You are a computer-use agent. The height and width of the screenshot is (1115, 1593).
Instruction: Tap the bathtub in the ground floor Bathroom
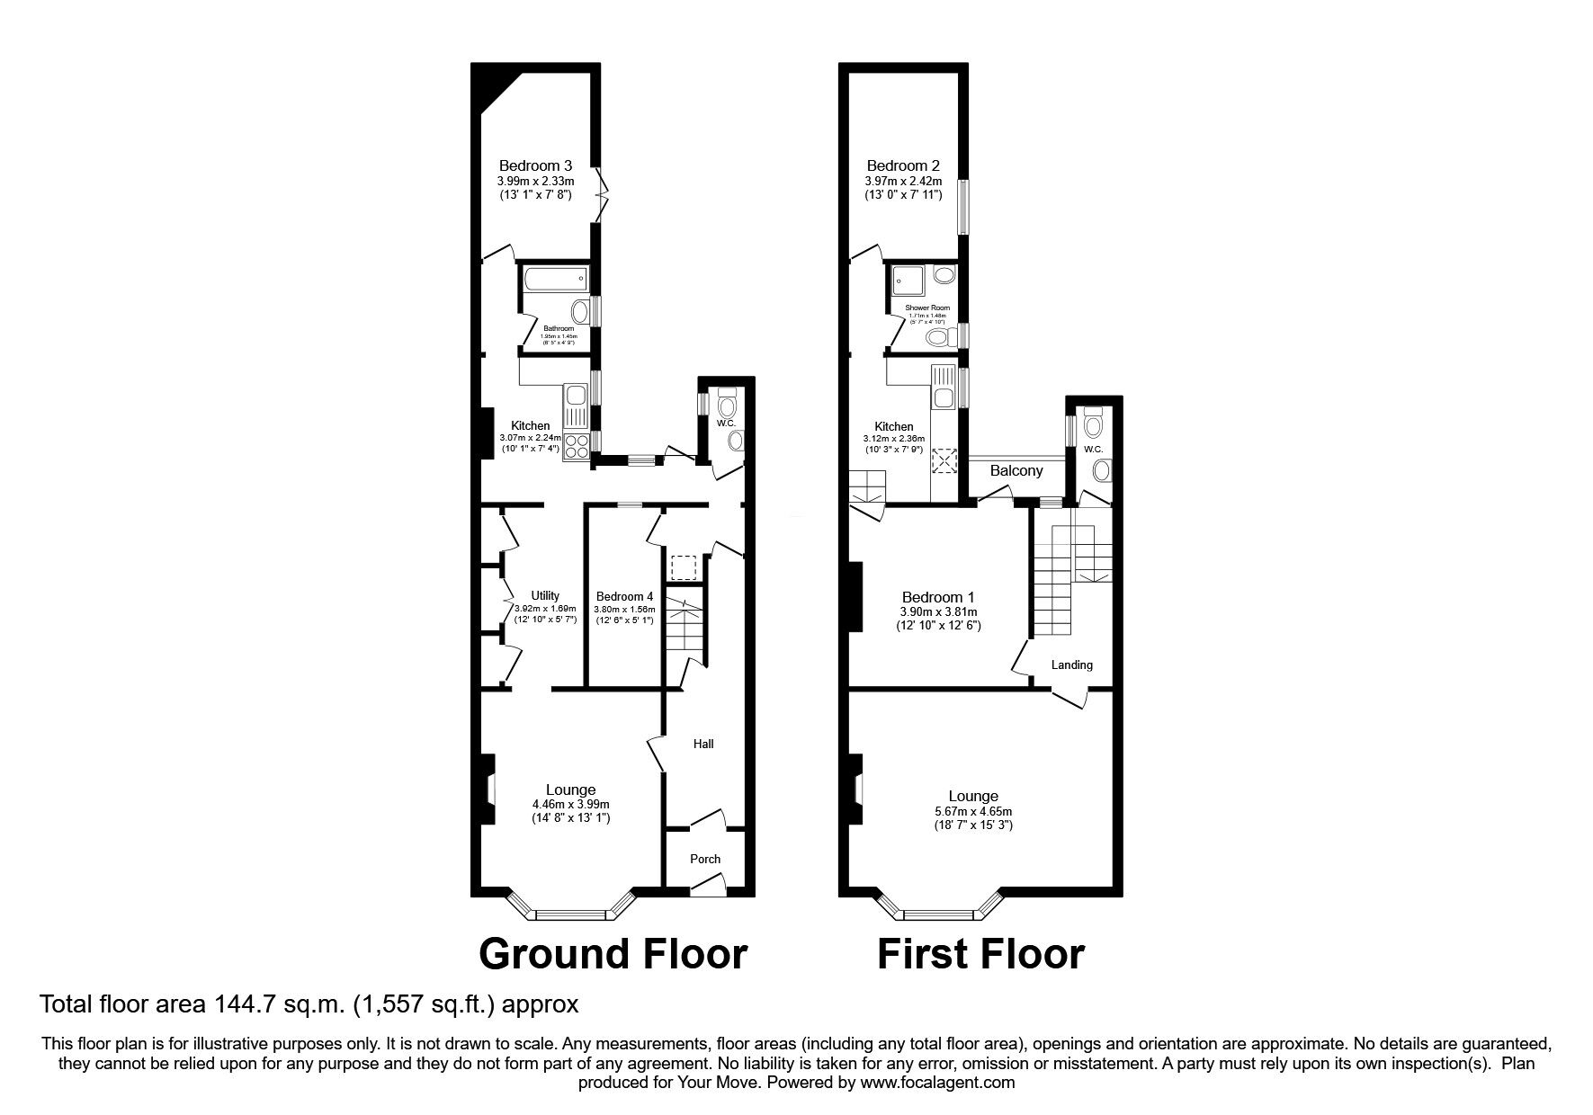pyautogui.click(x=553, y=280)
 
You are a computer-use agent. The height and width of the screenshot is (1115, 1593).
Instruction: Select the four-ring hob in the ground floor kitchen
pyautogui.click(x=574, y=447)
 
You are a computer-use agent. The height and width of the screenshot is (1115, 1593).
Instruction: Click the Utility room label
pyautogui.click(x=545, y=595)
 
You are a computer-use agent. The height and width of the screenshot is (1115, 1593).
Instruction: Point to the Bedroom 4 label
pyautogui.click(x=624, y=596)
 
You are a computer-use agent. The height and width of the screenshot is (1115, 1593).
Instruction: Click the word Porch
pyautogui.click(x=705, y=859)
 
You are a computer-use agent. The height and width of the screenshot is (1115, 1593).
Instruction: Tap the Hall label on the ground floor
pyautogui.click(x=703, y=744)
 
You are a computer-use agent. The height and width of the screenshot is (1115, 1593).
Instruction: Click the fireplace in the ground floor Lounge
pyautogui.click(x=488, y=789)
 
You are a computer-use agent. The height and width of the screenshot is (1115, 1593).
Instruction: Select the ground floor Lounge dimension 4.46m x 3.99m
pyautogui.click(x=570, y=804)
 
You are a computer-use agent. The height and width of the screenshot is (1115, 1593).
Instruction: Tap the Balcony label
pyautogui.click(x=1016, y=470)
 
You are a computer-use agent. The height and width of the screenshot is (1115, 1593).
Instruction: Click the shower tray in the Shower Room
pyautogui.click(x=907, y=281)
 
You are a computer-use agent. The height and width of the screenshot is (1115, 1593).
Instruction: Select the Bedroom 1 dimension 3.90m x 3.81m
pyautogui.click(x=938, y=611)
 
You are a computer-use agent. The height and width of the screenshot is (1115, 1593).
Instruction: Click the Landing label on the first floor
pyautogui.click(x=1072, y=665)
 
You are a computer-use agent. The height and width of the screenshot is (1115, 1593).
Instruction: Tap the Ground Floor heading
pyautogui.click(x=613, y=954)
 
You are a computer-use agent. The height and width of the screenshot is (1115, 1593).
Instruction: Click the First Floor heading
pyautogui.click(x=980, y=954)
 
